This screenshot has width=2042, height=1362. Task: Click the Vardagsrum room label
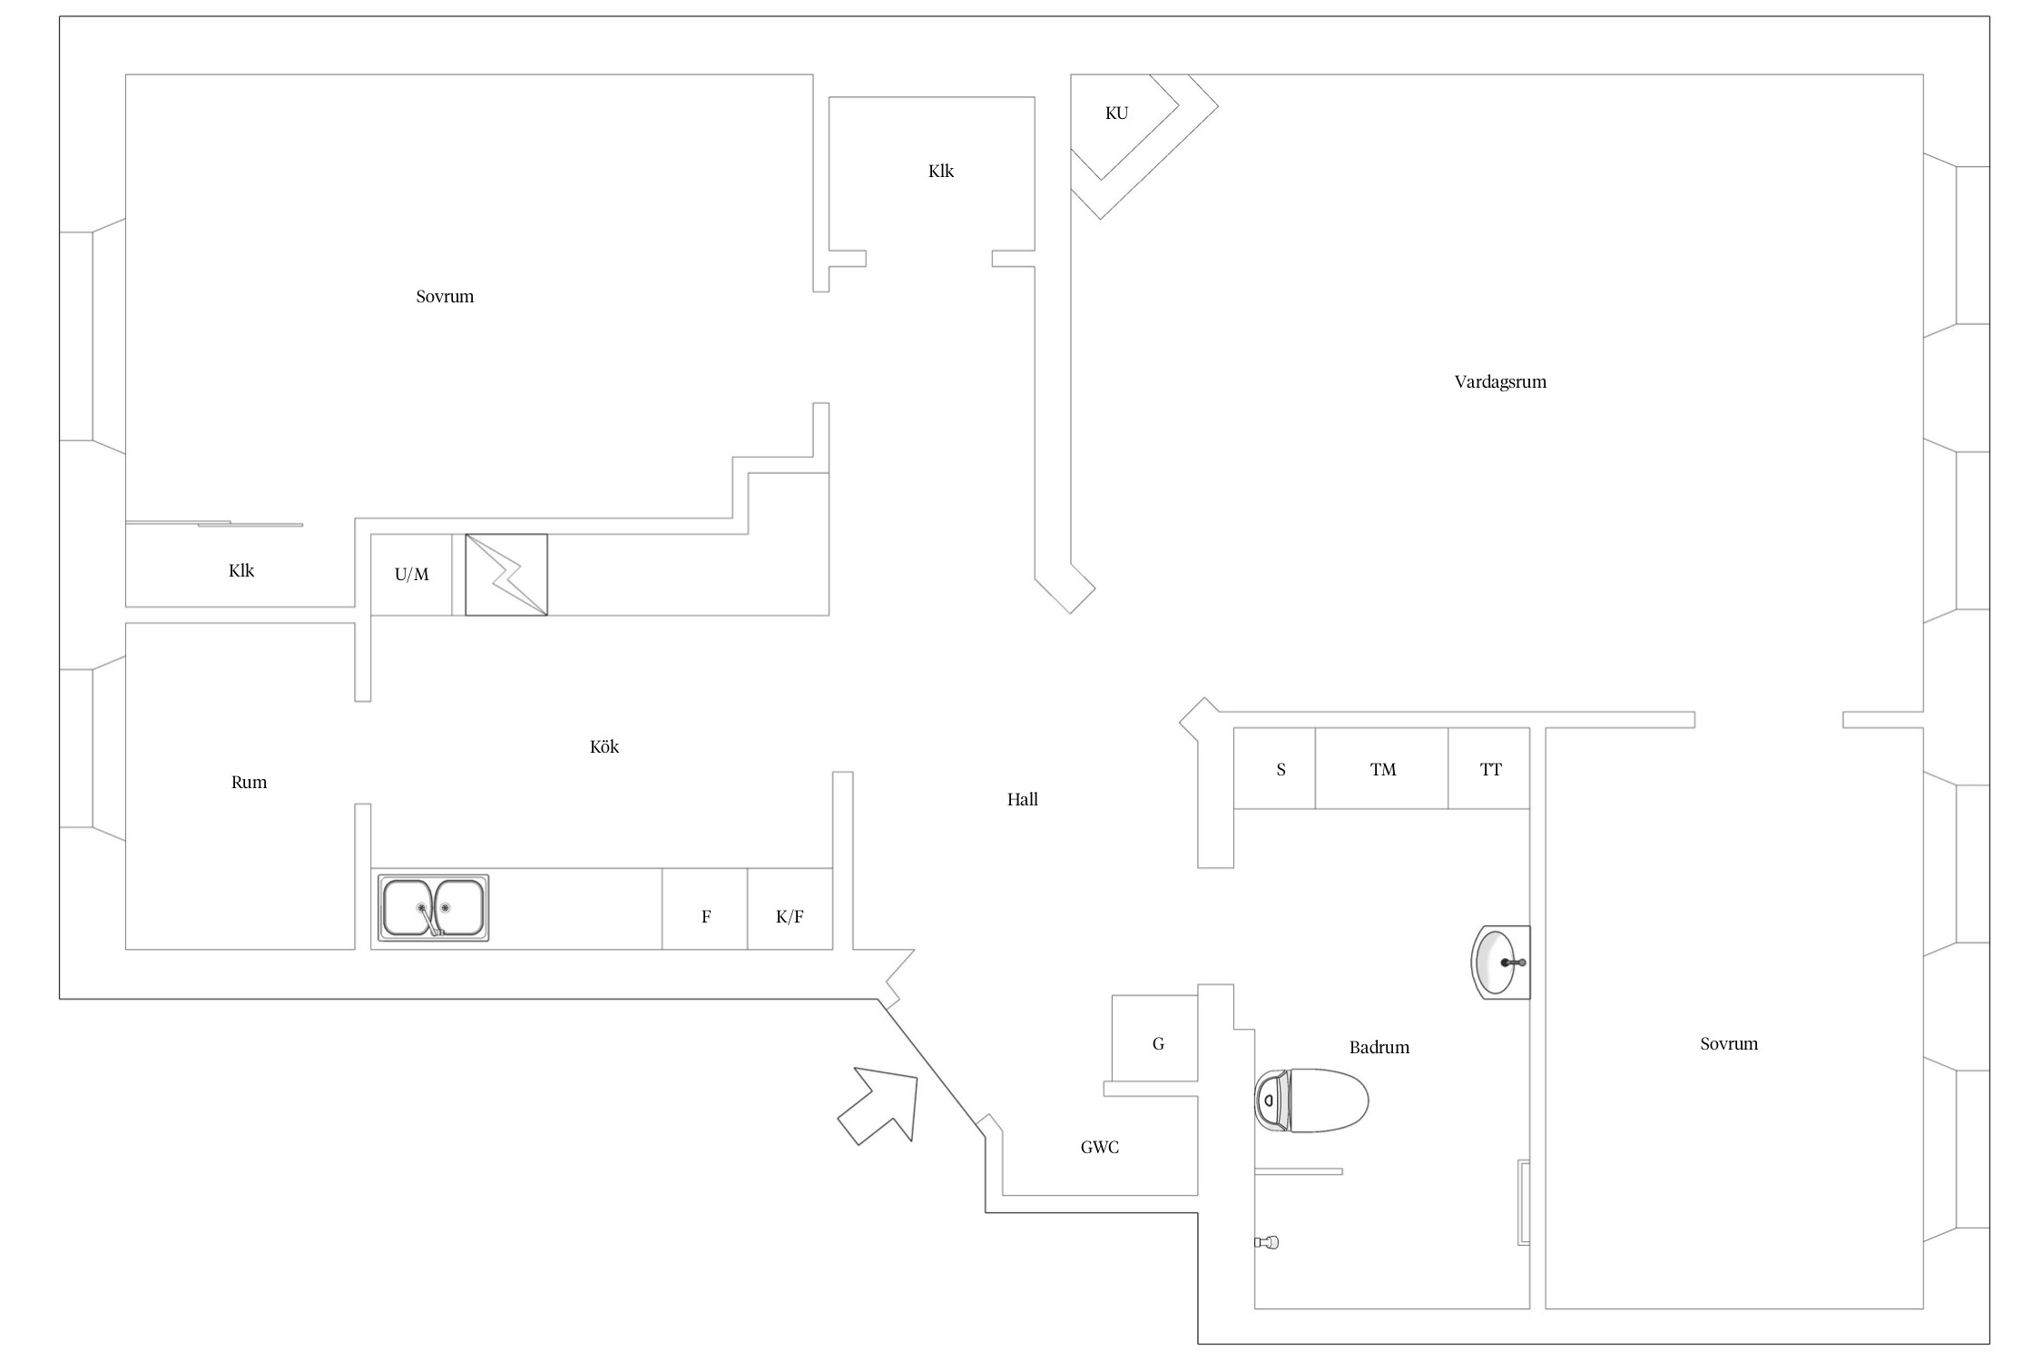tap(1500, 382)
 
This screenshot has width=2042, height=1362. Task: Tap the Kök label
tap(604, 746)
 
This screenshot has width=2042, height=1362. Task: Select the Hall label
tap(1023, 799)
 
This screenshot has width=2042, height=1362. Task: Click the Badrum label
tap(1379, 1047)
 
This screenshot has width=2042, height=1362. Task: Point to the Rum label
tap(249, 782)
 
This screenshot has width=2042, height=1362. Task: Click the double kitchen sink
tap(434, 907)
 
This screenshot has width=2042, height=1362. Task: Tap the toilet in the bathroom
tap(1311, 1100)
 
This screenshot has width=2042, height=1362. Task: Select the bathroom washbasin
tap(1501, 962)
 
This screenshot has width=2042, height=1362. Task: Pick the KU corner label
tap(1116, 113)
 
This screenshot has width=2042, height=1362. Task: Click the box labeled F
tap(705, 909)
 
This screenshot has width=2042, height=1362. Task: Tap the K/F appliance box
tap(790, 909)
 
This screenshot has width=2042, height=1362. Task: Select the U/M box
tap(411, 575)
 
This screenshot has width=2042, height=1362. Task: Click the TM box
tap(1381, 768)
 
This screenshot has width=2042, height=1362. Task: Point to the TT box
tap(1489, 768)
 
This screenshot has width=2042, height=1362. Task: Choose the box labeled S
tap(1274, 768)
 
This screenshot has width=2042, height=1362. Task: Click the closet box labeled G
tap(1155, 1038)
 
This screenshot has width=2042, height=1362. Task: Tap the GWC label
tap(1100, 1148)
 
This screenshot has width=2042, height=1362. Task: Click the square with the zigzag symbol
tap(506, 575)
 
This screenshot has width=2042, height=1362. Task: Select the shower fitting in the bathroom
tap(1268, 1242)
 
